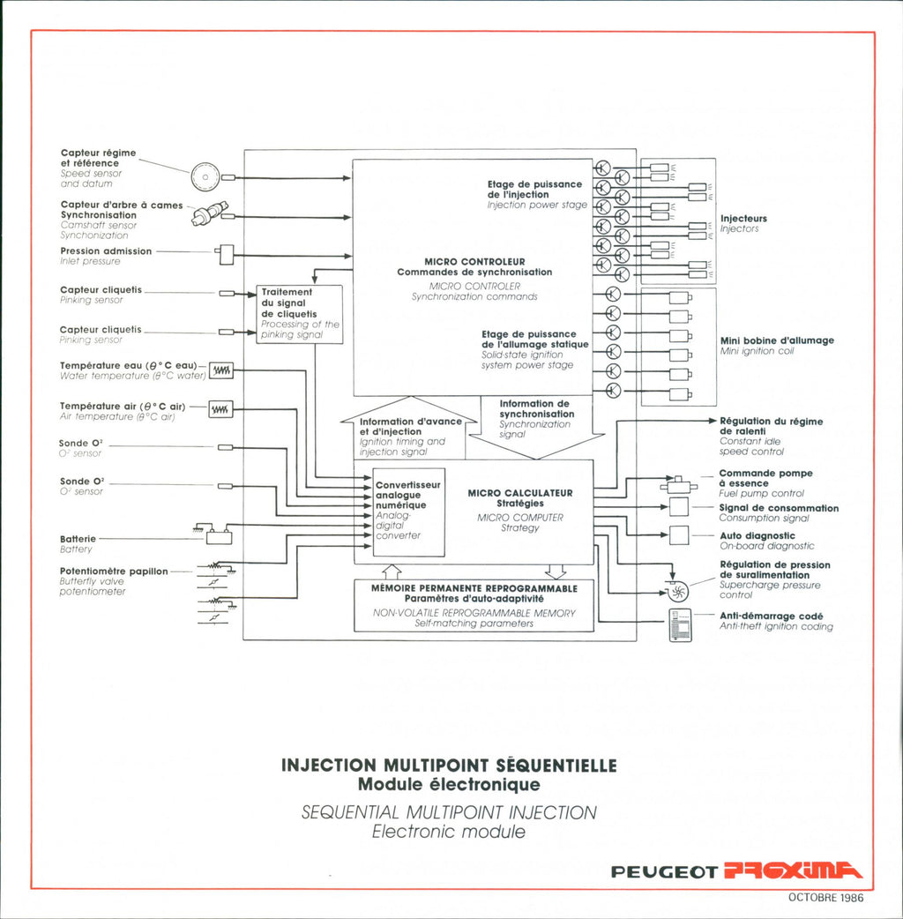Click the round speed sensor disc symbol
(205, 176)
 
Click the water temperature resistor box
(221, 370)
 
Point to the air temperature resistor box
(220, 409)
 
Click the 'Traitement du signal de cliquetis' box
(300, 314)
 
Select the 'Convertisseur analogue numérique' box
(408, 512)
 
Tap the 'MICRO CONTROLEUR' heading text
(474, 262)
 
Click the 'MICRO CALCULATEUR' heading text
(520, 494)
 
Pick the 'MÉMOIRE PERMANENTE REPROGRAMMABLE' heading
(474, 588)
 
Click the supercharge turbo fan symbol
(677, 592)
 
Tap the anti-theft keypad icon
(680, 625)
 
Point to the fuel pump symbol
(678, 485)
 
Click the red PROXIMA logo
(793, 870)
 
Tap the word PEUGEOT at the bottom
(664, 872)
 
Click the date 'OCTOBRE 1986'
(825, 897)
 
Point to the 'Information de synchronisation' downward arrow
(537, 427)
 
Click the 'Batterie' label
(78, 539)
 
